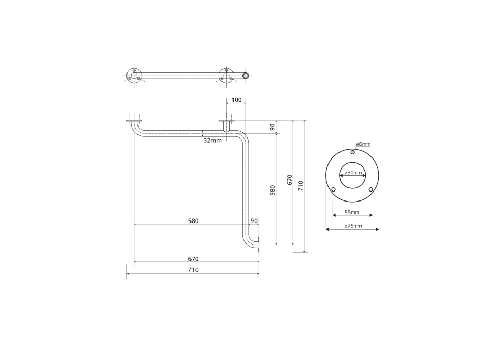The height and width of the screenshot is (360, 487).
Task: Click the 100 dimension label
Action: tap(236, 100)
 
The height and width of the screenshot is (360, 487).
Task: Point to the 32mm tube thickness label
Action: tap(213, 141)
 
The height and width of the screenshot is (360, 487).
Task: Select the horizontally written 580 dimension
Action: tap(193, 221)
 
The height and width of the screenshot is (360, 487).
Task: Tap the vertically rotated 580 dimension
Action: tap(273, 190)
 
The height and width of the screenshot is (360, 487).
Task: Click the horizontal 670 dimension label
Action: tap(193, 259)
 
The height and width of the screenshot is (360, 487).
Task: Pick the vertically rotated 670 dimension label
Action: tap(290, 180)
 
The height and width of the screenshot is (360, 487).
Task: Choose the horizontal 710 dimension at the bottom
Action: tap(193, 270)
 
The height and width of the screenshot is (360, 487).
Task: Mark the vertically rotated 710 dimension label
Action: tap(300, 186)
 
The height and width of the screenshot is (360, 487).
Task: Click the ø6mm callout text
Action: tap(363, 144)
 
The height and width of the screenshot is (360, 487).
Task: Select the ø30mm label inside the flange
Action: tap(353, 173)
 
